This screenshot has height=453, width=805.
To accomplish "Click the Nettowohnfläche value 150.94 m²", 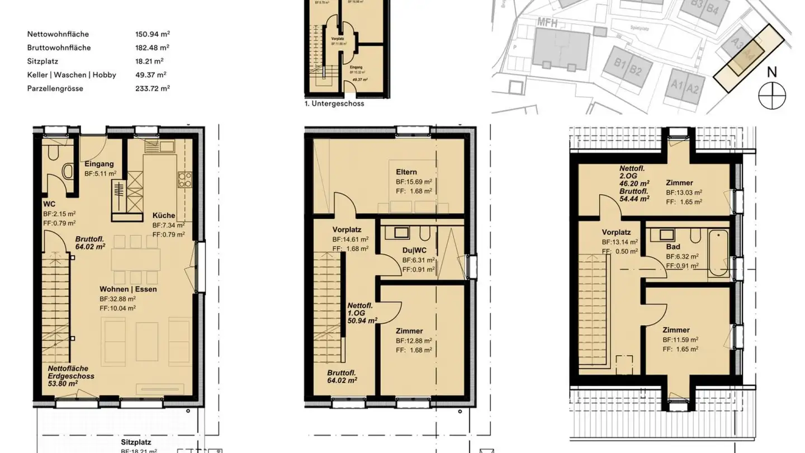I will (152, 34).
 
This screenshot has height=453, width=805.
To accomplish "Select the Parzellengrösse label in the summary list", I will (55, 88).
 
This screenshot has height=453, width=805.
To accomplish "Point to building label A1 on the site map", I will (678, 85).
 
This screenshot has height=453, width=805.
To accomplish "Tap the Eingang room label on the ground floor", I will (99, 164).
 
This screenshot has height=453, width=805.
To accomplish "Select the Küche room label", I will (163, 215).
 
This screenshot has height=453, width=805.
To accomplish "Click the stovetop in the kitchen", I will (184, 180).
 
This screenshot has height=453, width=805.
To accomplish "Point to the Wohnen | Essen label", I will (128, 289).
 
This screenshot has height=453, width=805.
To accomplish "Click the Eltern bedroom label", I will (406, 172).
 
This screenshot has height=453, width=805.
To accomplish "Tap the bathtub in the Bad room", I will (718, 253).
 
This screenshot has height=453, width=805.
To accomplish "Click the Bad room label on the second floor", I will (673, 247).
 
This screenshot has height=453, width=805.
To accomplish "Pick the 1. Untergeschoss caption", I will (334, 103).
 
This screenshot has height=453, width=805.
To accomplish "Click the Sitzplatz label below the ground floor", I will (136, 442).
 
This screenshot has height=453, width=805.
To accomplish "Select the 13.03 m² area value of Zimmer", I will (685, 192).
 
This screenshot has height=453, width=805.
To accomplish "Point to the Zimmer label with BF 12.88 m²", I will (409, 331).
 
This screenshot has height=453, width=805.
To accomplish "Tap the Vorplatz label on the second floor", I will (616, 233).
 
